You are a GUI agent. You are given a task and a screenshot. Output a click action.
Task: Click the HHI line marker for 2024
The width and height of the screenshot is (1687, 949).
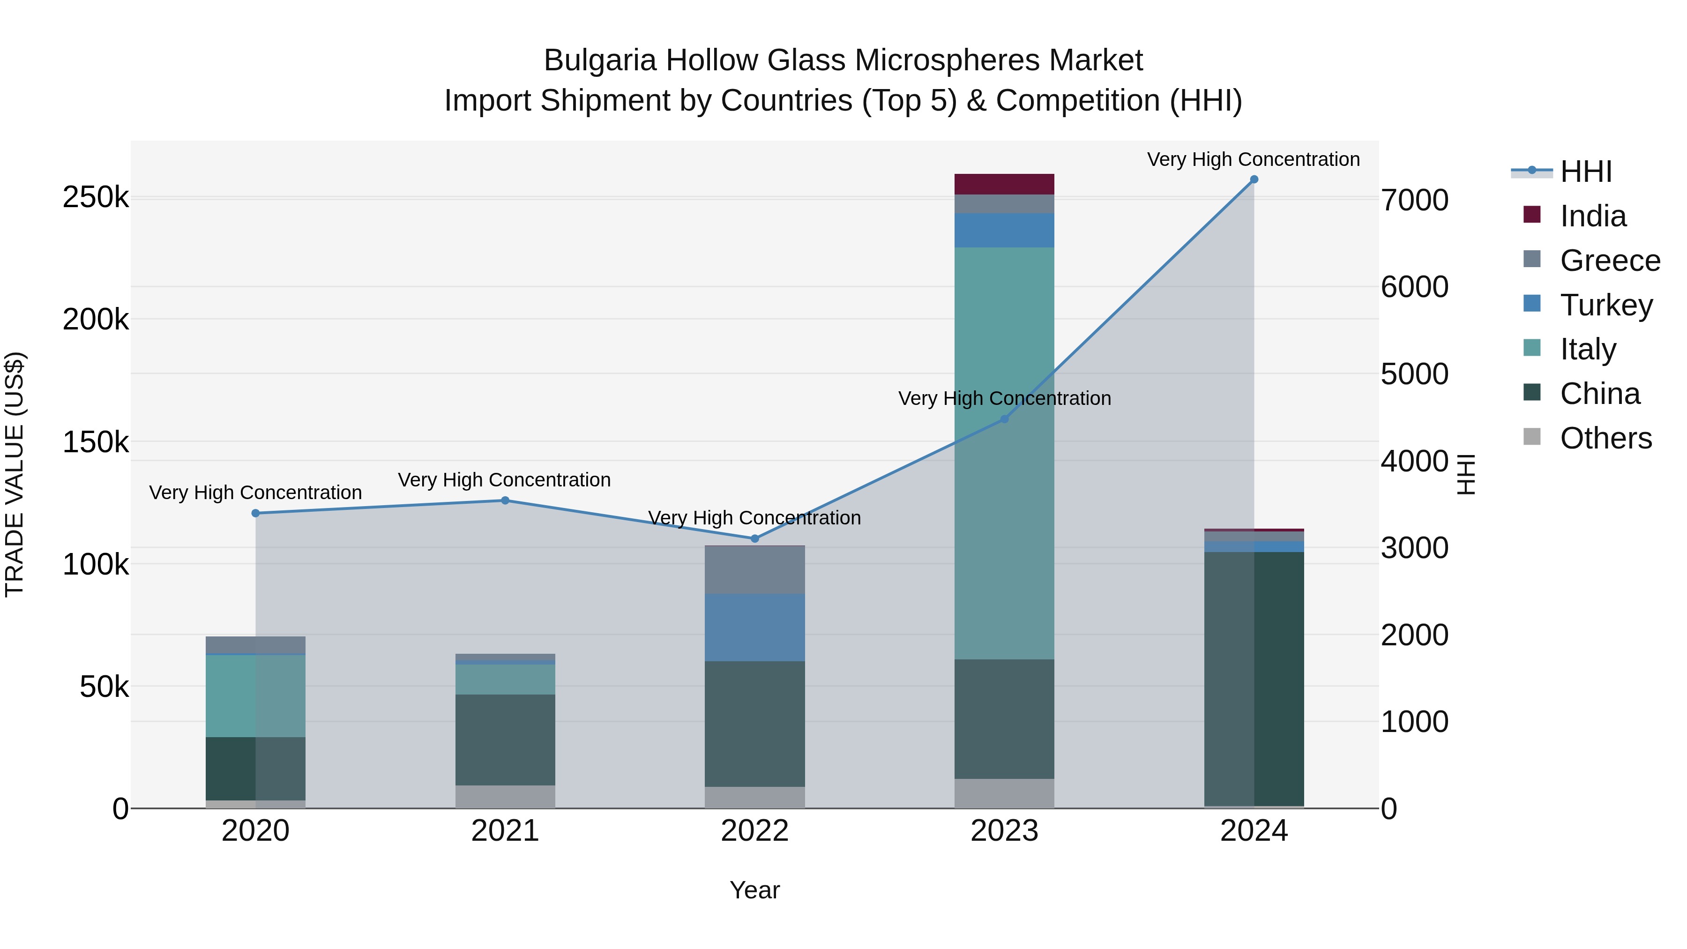(1254, 179)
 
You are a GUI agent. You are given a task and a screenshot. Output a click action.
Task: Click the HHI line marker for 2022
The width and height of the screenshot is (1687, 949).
(754, 538)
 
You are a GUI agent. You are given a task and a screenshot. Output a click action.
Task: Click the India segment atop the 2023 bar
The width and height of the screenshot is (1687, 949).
(1004, 184)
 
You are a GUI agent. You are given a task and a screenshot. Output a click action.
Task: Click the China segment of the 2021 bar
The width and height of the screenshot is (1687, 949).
(505, 740)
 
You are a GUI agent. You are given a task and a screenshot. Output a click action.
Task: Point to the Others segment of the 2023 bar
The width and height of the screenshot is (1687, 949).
(1004, 792)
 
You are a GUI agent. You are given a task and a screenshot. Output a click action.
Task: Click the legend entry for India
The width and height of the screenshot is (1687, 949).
(1593, 216)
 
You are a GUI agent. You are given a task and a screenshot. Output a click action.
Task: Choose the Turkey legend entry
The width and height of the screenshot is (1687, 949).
(1606, 305)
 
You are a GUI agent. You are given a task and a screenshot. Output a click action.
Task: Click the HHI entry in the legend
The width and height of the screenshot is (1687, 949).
(1585, 172)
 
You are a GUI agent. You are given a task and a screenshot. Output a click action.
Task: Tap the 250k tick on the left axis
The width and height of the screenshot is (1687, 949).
(96, 197)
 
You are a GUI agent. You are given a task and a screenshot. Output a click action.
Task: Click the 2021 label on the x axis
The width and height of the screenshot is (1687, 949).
(505, 830)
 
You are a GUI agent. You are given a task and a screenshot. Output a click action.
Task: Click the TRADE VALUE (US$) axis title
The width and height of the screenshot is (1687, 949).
(15, 474)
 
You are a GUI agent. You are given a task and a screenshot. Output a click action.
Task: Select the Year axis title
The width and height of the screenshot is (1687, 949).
(754, 890)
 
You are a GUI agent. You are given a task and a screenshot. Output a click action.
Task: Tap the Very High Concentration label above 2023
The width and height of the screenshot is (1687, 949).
(1004, 398)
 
